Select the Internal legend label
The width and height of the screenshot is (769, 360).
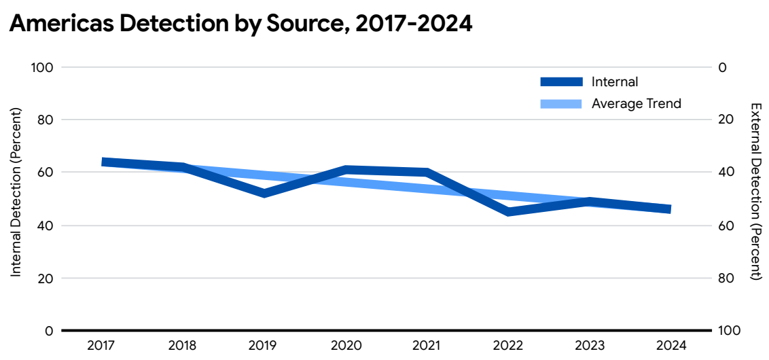pyautogui.click(x=615, y=82)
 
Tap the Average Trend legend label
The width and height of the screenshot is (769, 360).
pyautogui.click(x=636, y=104)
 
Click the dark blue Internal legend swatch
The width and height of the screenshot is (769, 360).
pyautogui.click(x=561, y=82)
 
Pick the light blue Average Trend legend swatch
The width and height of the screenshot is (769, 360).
pyautogui.click(x=561, y=104)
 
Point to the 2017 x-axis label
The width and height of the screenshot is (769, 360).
pyautogui.click(x=101, y=345)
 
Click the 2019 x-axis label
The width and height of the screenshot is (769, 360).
pyautogui.click(x=264, y=345)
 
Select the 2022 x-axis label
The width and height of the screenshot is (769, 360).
pyautogui.click(x=507, y=345)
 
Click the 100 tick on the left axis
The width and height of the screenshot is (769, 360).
pyautogui.click(x=42, y=67)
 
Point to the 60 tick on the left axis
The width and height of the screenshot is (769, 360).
pyautogui.click(x=45, y=173)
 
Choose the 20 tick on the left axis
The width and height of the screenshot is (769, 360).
pyautogui.click(x=45, y=278)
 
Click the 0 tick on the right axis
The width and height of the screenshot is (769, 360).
pyautogui.click(x=722, y=67)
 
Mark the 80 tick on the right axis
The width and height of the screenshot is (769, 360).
pyautogui.click(x=725, y=278)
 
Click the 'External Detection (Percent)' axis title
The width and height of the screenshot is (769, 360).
pyautogui.click(x=755, y=192)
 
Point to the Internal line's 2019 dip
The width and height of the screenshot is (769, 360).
pyautogui.click(x=264, y=194)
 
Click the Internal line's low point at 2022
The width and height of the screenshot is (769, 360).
pyautogui.click(x=507, y=212)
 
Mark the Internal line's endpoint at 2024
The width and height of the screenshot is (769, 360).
pyautogui.click(x=668, y=209)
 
